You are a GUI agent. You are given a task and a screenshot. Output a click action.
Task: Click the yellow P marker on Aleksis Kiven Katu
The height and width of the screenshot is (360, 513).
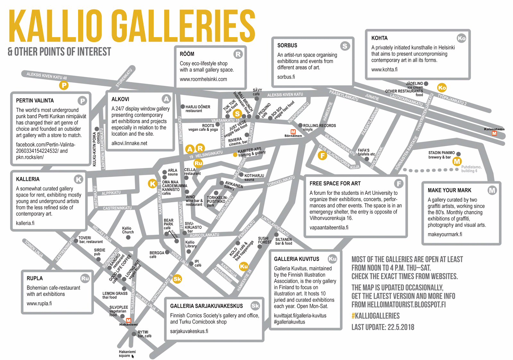point(64,85)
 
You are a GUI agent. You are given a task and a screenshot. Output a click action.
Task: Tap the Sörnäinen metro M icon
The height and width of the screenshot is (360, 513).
point(293,132)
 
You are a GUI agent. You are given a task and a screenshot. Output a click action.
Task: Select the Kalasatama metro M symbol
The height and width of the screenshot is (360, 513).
point(494,133)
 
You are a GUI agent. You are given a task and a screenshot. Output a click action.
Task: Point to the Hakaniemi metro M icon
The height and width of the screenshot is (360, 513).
point(129,320)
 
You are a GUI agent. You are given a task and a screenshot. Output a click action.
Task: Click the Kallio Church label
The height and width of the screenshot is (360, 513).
point(128,230)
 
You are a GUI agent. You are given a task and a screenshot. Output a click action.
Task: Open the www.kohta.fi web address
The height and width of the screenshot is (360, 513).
point(384,70)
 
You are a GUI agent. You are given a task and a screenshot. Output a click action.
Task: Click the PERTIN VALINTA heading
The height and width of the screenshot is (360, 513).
point(35,101)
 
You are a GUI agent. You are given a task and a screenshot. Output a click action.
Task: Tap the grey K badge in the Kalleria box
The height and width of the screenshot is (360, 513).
point(79,179)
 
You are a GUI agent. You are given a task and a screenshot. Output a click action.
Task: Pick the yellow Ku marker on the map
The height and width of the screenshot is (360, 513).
point(244,266)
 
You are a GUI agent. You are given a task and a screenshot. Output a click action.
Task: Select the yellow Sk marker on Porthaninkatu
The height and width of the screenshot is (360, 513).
point(177,279)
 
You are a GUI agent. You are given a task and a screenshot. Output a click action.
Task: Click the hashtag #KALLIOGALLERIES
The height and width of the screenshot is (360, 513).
point(375,316)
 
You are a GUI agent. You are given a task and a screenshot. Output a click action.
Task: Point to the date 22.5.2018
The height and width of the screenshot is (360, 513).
point(401,327)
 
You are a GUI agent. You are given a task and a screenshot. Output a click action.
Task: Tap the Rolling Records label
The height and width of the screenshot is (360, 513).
point(319,126)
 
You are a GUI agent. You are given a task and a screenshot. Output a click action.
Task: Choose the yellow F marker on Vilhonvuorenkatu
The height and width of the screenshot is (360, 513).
point(322,156)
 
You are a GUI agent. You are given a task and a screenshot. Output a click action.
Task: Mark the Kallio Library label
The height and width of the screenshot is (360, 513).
point(191,244)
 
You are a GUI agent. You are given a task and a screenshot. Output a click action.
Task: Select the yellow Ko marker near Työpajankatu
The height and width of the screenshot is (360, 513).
point(442,88)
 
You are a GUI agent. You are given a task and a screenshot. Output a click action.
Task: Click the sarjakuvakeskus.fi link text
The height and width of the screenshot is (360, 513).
point(189,331)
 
